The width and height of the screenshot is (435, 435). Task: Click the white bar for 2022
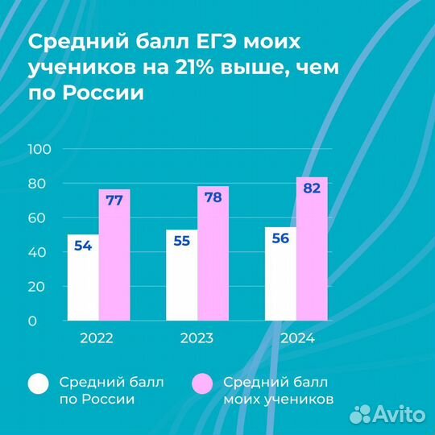82,278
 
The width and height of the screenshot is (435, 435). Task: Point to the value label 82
313,188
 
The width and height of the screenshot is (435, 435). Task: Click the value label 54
82,246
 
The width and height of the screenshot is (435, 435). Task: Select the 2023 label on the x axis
197,339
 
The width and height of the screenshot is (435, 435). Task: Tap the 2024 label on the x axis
297,339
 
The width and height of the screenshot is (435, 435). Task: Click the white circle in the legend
39,385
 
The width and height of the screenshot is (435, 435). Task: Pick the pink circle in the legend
203,385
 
